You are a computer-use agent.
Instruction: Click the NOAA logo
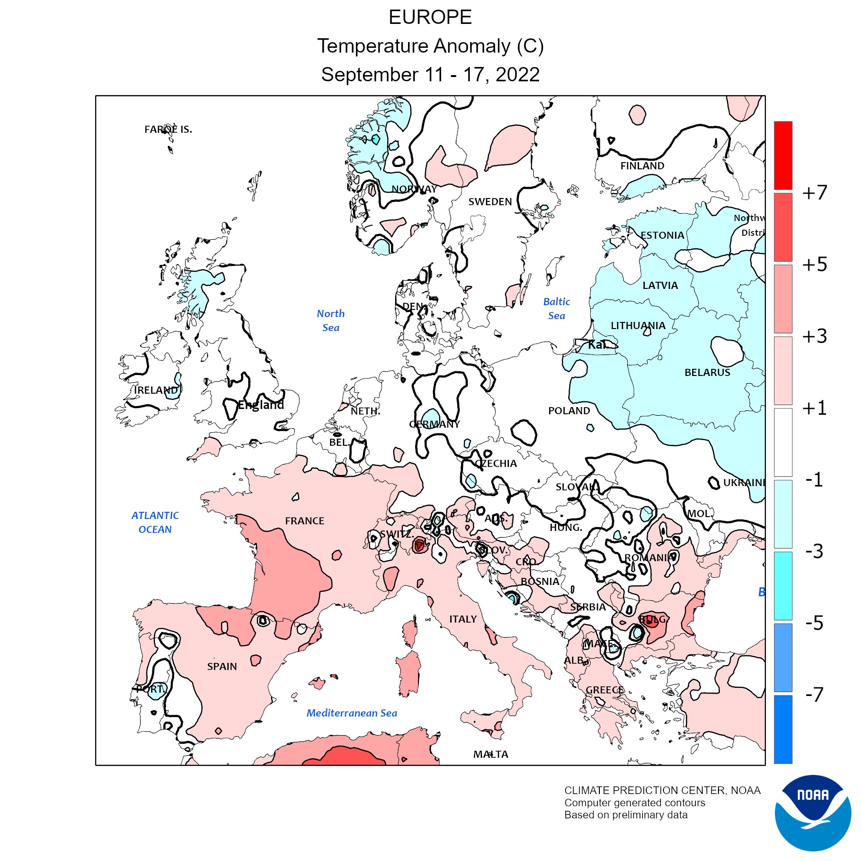pyautogui.click(x=813, y=813)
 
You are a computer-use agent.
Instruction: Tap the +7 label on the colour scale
pyautogui.click(x=815, y=193)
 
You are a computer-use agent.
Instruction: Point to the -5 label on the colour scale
pyautogui.click(x=815, y=623)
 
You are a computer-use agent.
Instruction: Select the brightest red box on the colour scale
pyautogui.click(x=783, y=155)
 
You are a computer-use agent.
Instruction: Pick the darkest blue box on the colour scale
pyautogui.click(x=783, y=729)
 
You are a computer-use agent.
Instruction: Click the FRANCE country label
pyautogui.click(x=305, y=521)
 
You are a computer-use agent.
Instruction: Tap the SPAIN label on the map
pyautogui.click(x=222, y=666)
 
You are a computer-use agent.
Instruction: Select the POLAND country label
pyautogui.click(x=569, y=411)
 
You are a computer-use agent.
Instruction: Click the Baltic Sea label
pyautogui.click(x=557, y=309)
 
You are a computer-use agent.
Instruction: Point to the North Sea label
pyautogui.click(x=331, y=320)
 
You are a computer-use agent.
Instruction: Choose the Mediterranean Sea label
pyautogui.click(x=352, y=713)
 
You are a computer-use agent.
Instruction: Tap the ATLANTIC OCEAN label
pyautogui.click(x=155, y=522)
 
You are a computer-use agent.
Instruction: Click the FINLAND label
pyautogui.click(x=642, y=166)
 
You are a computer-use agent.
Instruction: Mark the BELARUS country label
pyautogui.click(x=707, y=373)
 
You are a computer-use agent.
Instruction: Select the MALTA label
pyautogui.click(x=491, y=754)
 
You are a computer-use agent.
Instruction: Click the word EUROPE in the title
pyautogui.click(x=430, y=18)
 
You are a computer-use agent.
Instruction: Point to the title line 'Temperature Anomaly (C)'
pyautogui.click(x=430, y=46)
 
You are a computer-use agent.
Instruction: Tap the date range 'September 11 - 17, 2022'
pyautogui.click(x=430, y=75)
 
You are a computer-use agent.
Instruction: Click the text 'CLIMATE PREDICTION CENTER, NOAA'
pyautogui.click(x=662, y=791)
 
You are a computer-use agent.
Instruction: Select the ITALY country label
pyautogui.click(x=463, y=619)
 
